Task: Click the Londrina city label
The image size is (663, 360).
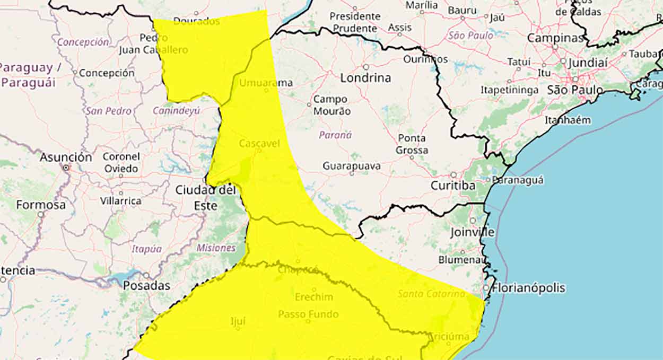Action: [365, 78]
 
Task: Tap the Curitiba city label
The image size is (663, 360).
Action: [452, 186]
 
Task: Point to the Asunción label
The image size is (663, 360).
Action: [66, 157]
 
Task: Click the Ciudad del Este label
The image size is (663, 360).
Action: [205, 197]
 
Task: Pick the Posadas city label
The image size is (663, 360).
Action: [146, 286]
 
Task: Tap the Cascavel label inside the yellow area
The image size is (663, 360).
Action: [259, 144]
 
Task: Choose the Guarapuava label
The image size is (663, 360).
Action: [352, 166]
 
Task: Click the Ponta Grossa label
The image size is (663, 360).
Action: [412, 144]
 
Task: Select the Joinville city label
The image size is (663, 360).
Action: [472, 232]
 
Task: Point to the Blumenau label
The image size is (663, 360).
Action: [460, 260]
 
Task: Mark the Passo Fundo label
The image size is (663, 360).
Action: [308, 314]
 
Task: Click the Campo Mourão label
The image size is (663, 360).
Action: [331, 105]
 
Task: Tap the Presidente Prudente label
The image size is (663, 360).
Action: [355, 22]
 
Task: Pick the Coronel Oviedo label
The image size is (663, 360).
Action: [121, 163]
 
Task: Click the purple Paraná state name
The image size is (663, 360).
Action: [335, 135]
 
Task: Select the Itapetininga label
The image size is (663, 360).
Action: [509, 90]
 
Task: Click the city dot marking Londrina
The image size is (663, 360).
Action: [366, 67]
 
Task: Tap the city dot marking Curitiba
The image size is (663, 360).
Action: [453, 174]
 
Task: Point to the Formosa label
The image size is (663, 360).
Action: [41, 205]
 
